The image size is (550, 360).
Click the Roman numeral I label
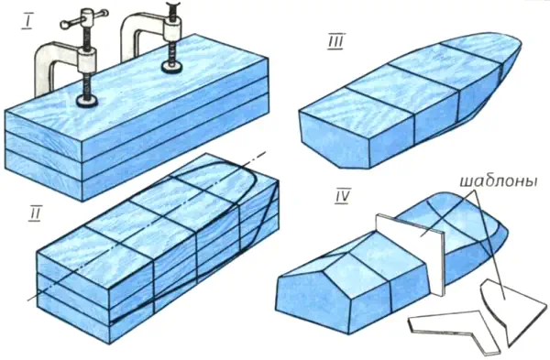[27, 22]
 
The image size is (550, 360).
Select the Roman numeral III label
[336, 41]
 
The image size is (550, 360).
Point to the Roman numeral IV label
[341, 197]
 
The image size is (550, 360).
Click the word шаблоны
[499, 181]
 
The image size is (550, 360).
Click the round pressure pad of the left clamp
[87, 101]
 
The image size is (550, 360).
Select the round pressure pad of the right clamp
[171, 67]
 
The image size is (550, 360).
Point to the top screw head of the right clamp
[172, 6]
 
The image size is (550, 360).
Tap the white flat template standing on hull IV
[410, 253]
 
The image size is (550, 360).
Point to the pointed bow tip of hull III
[520, 43]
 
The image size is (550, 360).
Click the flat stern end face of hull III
[335, 140]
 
